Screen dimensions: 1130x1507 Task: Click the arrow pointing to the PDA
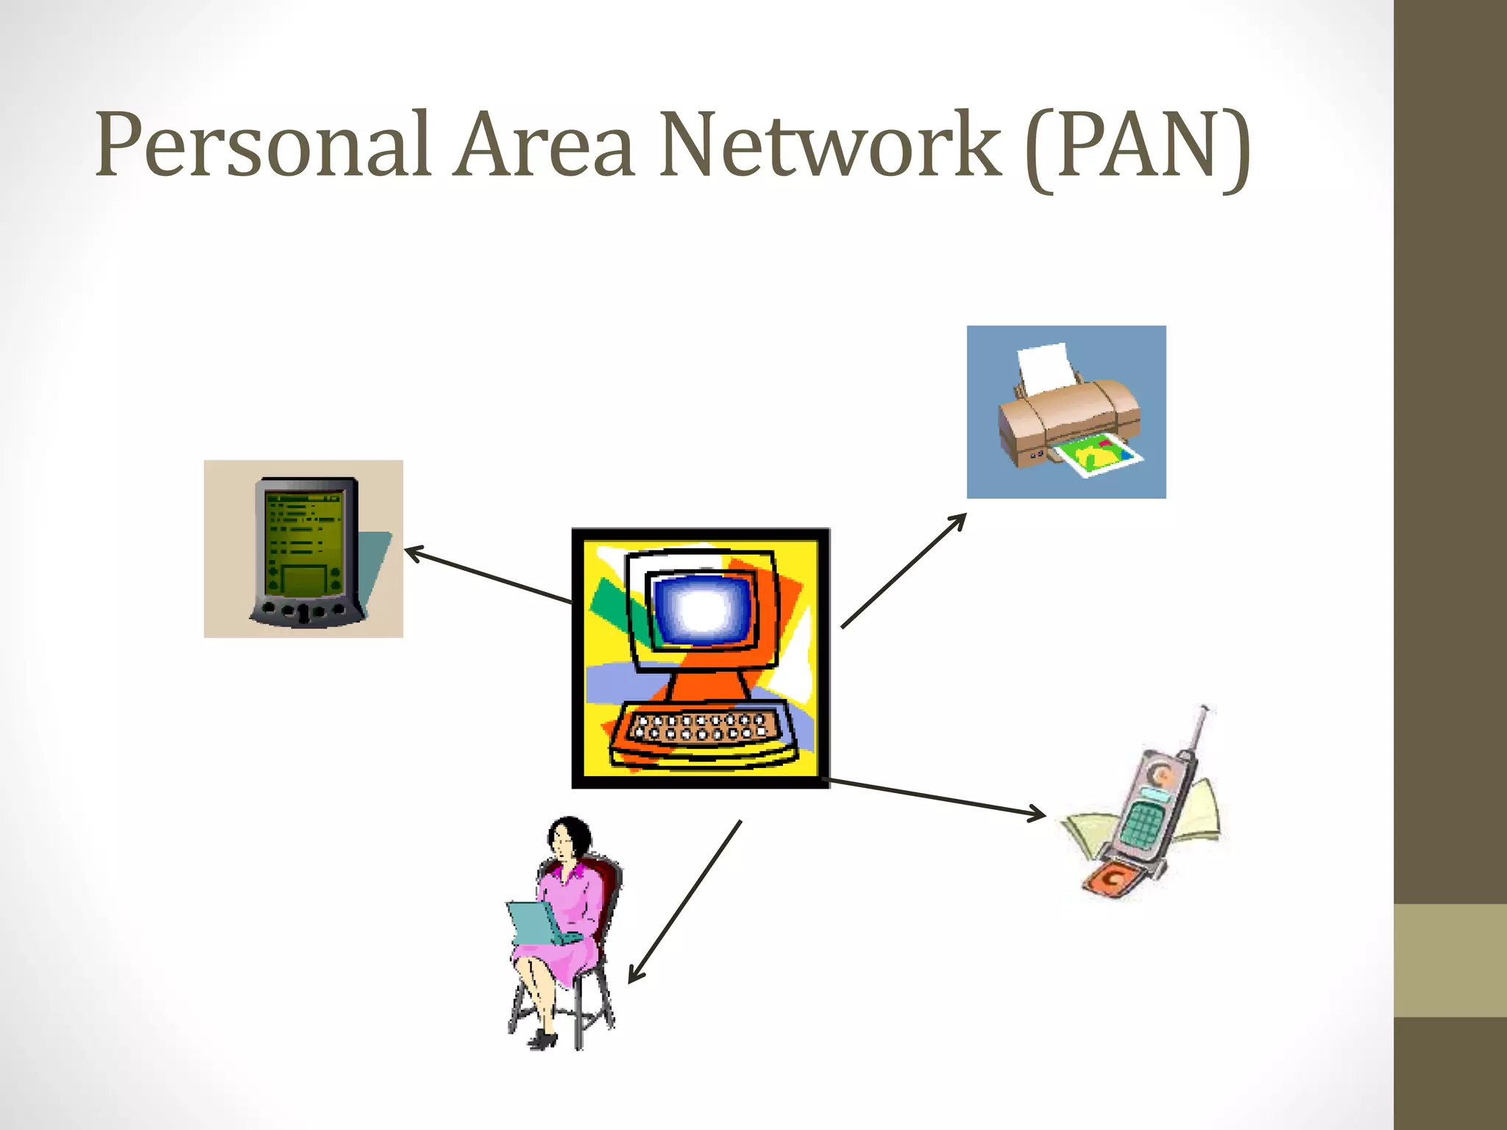[489, 575]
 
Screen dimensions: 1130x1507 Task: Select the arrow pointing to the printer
[904, 571]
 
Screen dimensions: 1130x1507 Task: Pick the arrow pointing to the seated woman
[684, 902]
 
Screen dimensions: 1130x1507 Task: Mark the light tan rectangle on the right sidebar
[1450, 960]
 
